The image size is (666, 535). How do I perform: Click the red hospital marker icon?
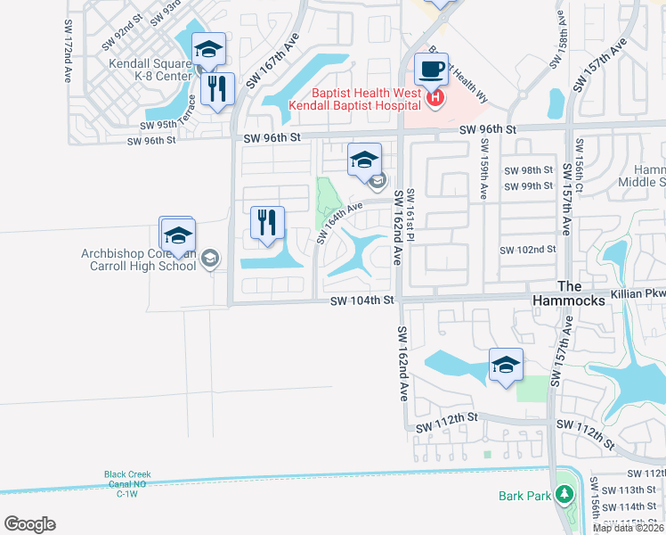(x=435, y=98)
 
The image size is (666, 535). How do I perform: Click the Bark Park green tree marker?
(x=563, y=493)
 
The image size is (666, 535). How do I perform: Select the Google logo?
(x=29, y=523)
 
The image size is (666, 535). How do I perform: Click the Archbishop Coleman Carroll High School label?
(x=138, y=259)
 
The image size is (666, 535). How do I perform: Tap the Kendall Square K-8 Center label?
(x=150, y=70)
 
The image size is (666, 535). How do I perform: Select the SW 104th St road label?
(x=361, y=301)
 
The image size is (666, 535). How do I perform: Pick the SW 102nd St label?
(x=528, y=251)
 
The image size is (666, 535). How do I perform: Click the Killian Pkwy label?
(x=638, y=292)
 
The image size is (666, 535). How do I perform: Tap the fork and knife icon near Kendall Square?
(x=217, y=88)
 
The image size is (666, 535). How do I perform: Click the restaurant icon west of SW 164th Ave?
(x=267, y=223)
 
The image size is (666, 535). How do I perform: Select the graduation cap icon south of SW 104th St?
(x=506, y=365)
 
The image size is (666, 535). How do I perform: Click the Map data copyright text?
(x=629, y=528)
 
